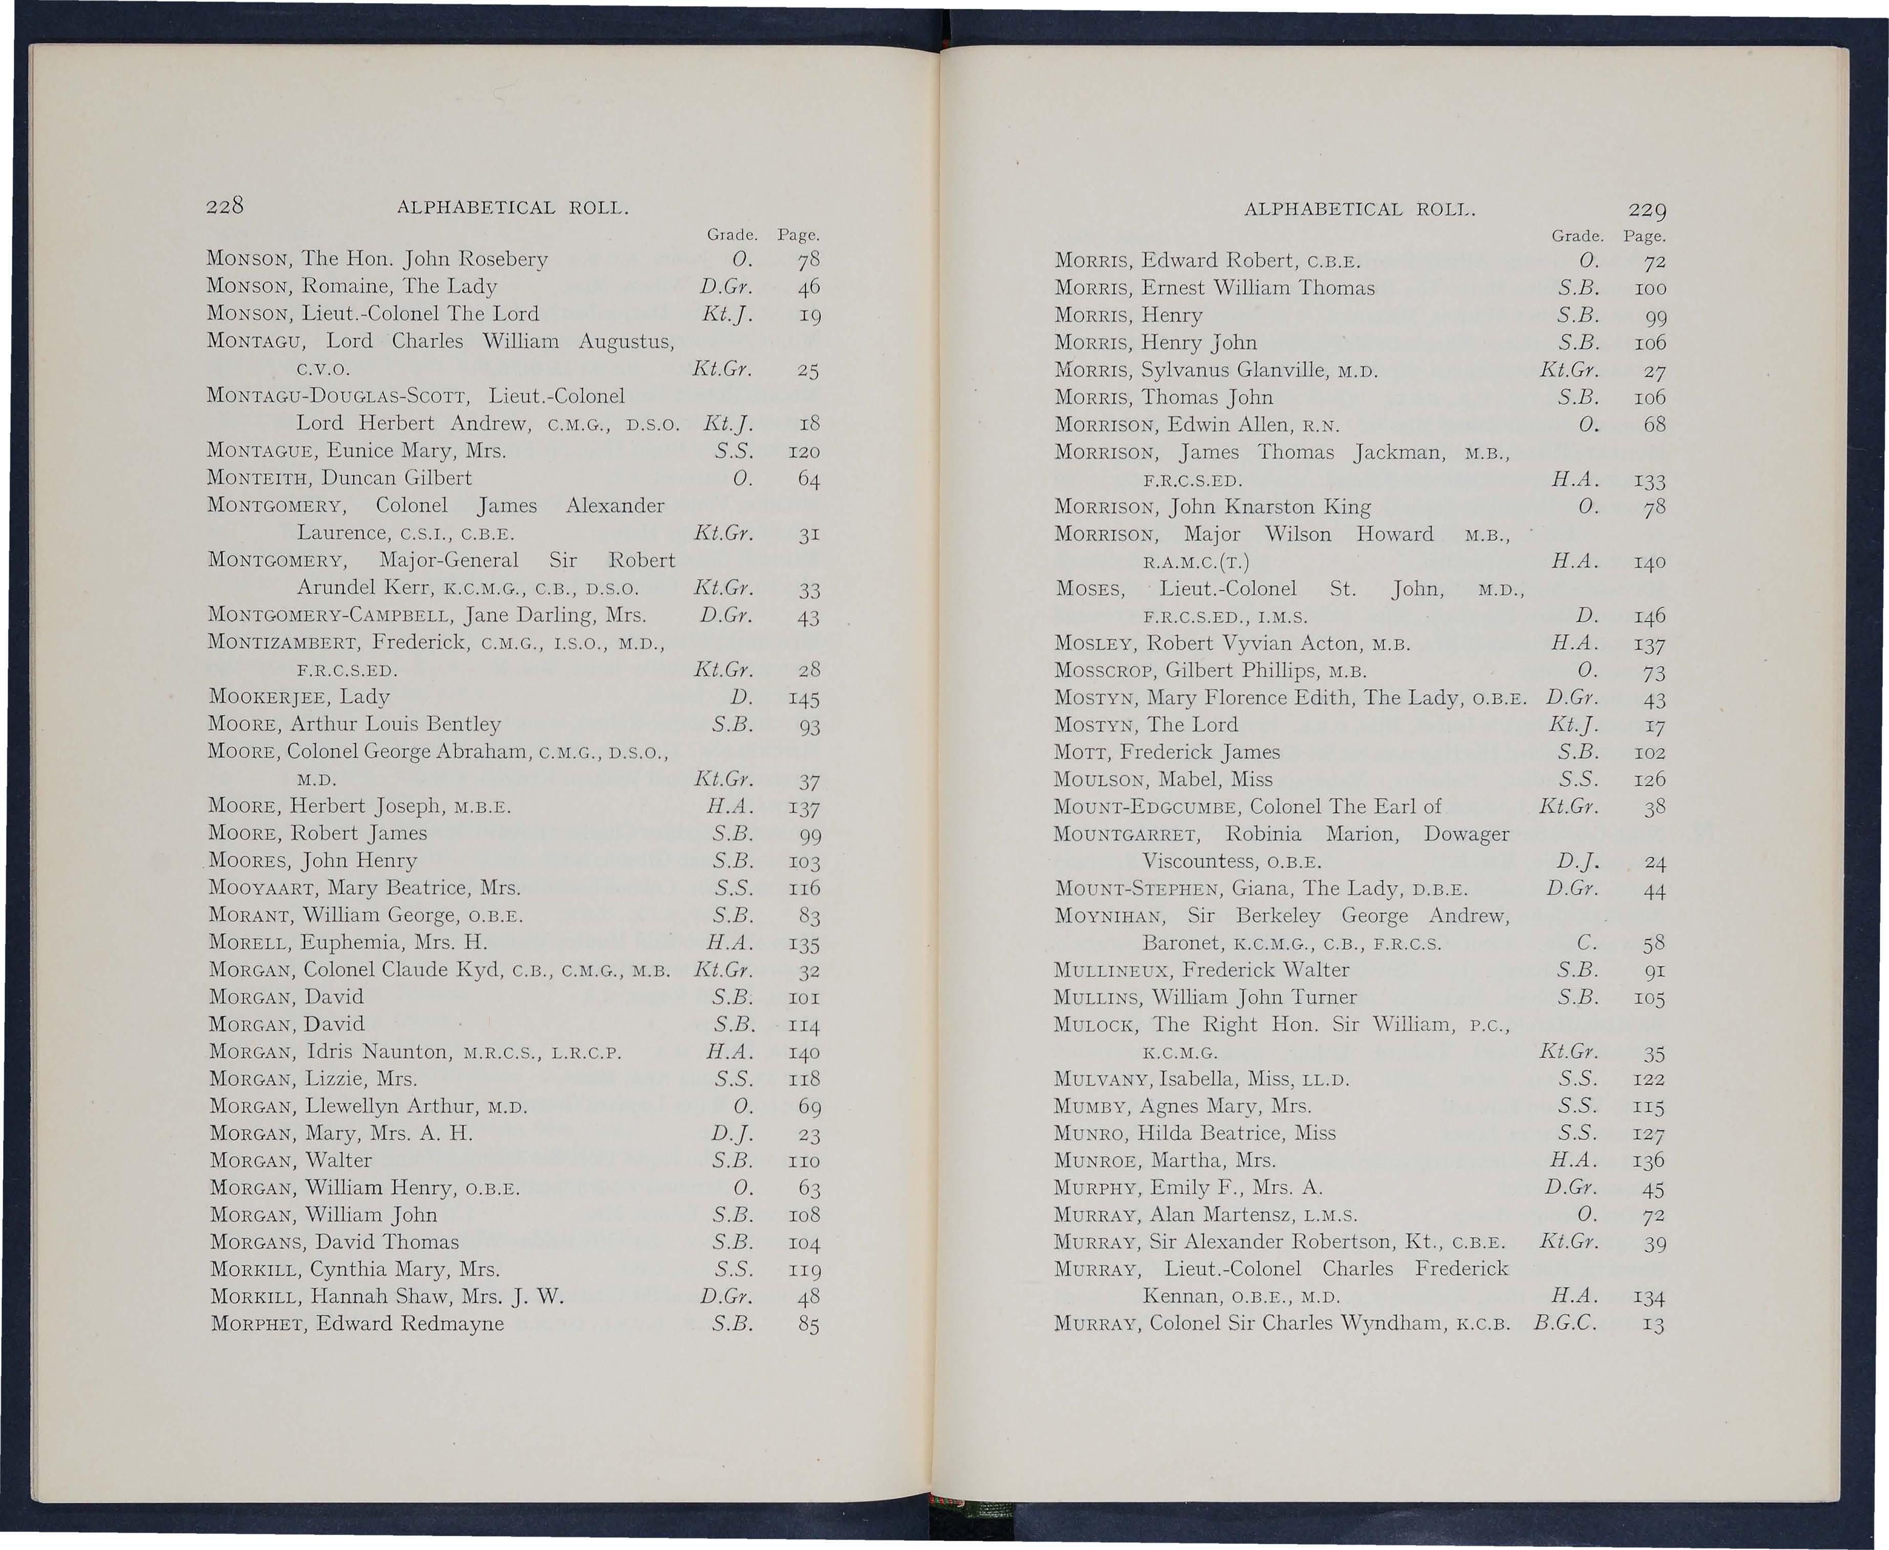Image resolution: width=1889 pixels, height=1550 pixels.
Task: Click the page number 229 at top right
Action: pos(1647,210)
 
